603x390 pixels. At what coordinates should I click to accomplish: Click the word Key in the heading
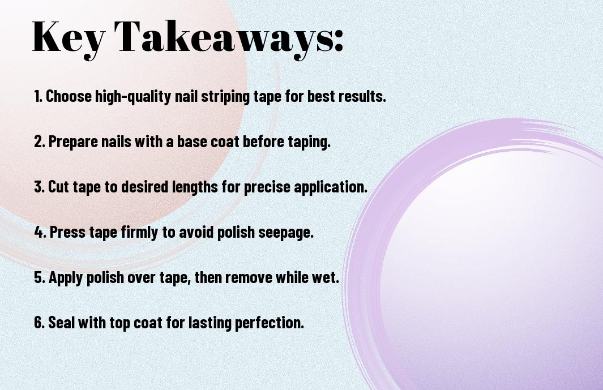(x=69, y=38)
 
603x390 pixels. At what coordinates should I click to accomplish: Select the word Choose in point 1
(x=69, y=96)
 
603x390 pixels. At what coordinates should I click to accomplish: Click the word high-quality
(x=133, y=97)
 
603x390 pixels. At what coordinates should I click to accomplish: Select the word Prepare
(x=73, y=142)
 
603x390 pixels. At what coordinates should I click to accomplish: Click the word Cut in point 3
(x=58, y=187)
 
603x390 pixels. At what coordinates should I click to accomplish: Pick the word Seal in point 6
(x=62, y=322)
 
